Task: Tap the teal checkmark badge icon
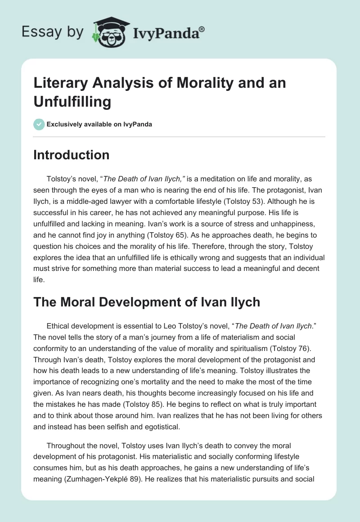tap(39, 124)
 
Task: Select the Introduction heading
tap(71, 155)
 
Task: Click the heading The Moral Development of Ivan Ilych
tap(147, 301)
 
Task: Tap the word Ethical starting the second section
tap(61, 326)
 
